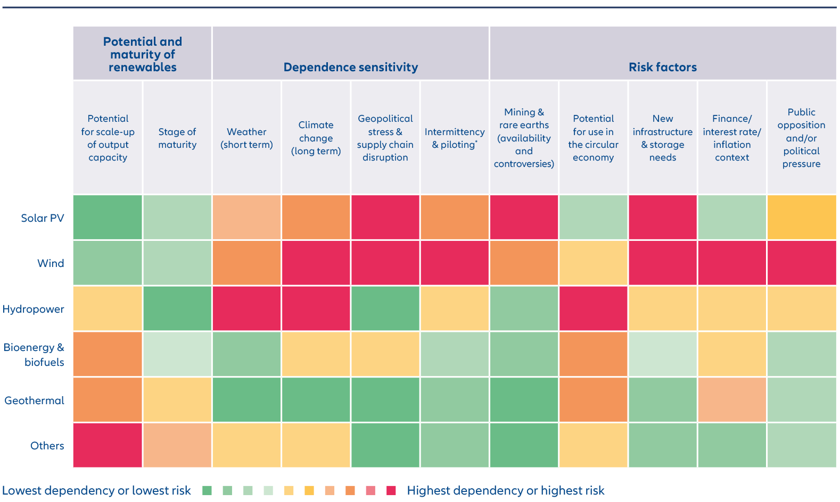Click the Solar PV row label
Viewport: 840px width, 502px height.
43,217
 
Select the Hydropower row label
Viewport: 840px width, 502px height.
33,309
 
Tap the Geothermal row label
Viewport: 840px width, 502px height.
34,400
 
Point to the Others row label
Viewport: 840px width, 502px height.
47,446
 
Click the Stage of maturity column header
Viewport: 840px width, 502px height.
177,138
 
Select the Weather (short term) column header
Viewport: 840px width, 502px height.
246,138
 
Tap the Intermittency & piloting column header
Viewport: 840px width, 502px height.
455,138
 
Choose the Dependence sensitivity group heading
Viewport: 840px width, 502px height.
351,67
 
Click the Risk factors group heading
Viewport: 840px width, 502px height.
663,67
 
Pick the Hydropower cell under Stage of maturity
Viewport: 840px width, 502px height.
177,308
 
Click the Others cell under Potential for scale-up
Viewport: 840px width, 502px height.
108,445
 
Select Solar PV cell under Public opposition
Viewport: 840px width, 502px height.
801,217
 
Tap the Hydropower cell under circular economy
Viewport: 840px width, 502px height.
593,308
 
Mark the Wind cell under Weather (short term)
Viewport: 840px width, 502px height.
246,263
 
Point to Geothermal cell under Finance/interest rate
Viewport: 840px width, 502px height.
731,399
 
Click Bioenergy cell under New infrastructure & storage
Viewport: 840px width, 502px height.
663,354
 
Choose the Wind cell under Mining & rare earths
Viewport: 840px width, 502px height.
524,263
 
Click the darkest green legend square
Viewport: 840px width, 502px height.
207,490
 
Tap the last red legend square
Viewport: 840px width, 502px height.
391,490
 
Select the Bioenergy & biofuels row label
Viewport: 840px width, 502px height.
34,354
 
